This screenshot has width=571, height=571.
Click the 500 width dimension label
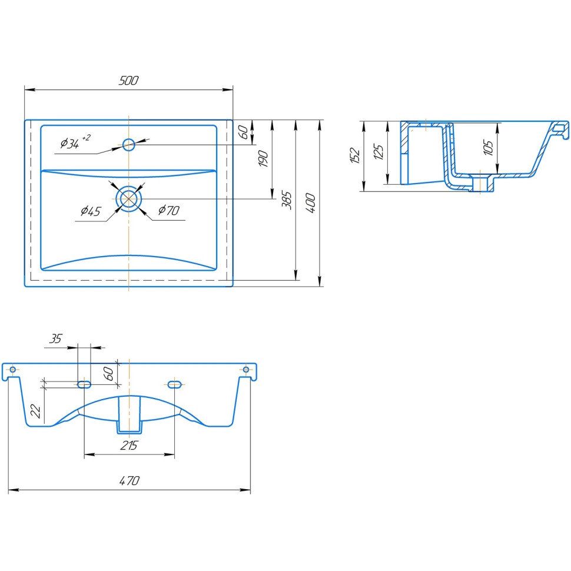pos(128,81)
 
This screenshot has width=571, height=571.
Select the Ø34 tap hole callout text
pos(75,142)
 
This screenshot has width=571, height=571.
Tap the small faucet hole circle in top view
pos(128,145)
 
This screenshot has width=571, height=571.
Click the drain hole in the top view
pos(128,198)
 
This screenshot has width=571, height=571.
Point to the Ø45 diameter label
pos(91,211)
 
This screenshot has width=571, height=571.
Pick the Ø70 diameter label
pos(168,210)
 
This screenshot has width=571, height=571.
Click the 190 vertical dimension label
pos(263,158)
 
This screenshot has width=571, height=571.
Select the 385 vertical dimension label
pos(287,200)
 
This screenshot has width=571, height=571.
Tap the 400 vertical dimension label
pos(310,203)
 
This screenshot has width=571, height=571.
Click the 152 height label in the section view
pos(355,155)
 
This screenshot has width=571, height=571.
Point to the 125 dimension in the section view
pos(379,152)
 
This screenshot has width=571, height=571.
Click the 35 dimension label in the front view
pos(56,338)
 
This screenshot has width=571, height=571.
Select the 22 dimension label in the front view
pos(36,411)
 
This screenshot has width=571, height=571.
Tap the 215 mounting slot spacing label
pos(130,446)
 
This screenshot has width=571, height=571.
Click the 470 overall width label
pos(130,481)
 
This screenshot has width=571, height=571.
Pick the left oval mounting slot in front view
pos(84,384)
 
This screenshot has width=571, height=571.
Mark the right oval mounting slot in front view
pos(174,384)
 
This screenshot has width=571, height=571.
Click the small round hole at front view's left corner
pos(13,370)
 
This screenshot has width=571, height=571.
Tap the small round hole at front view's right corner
pos(246,370)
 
